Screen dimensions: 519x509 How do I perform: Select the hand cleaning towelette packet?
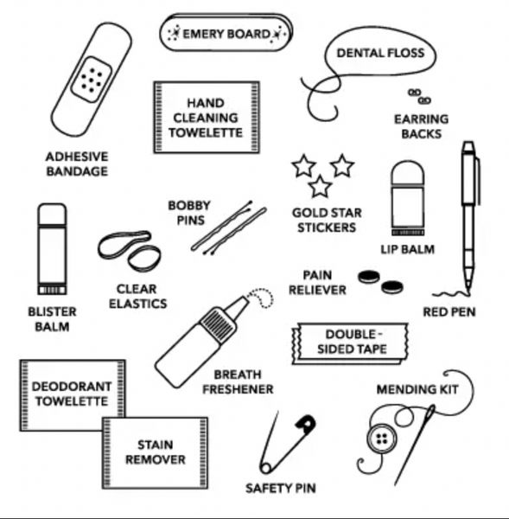[x=205, y=118]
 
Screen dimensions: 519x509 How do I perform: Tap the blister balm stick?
[x=51, y=247]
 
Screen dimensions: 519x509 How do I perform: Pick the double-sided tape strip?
[x=354, y=342]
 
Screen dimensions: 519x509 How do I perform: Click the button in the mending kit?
[x=380, y=439]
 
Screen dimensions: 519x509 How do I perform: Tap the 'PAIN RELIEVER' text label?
[x=317, y=282]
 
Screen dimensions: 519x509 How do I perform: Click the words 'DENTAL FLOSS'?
[x=380, y=53]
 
